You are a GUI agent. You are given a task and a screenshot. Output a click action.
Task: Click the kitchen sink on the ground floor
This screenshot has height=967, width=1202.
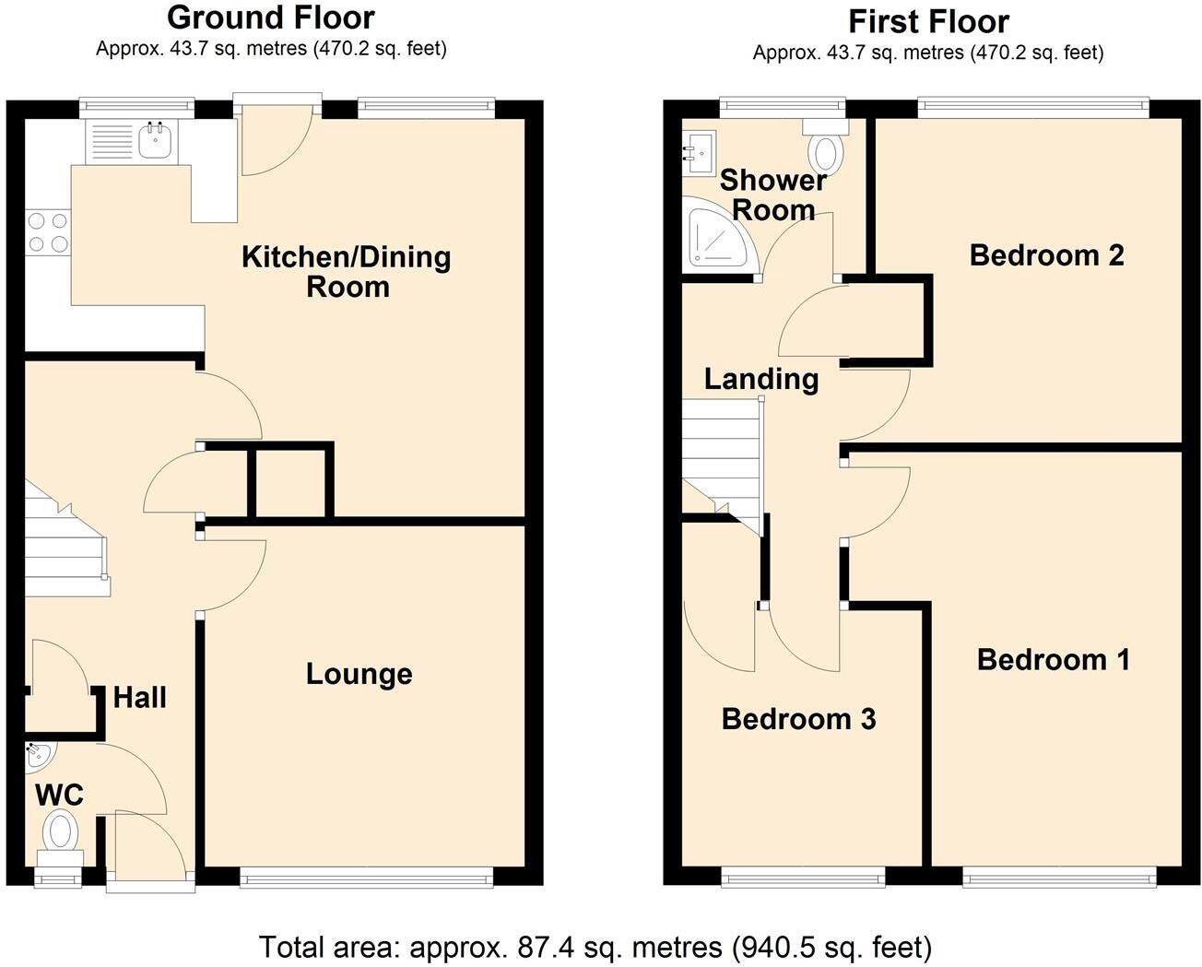click(x=155, y=140)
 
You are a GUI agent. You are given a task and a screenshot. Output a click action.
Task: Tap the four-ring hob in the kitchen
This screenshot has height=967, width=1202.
click(x=48, y=231)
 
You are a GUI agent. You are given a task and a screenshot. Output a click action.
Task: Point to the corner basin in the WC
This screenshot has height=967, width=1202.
click(x=39, y=756)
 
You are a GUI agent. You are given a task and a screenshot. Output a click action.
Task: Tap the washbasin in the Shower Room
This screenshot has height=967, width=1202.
click(x=698, y=147)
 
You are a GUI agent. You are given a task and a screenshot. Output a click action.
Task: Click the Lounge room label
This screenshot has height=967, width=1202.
click(x=359, y=674)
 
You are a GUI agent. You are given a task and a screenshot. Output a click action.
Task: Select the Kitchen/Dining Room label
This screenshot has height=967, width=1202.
click(x=347, y=271)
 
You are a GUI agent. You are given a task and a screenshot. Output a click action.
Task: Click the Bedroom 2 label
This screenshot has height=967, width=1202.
click(x=1046, y=254)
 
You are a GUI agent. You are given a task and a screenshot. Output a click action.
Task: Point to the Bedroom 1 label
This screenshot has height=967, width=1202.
click(x=1053, y=659)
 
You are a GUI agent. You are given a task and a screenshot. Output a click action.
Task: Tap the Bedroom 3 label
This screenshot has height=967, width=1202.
click(x=798, y=719)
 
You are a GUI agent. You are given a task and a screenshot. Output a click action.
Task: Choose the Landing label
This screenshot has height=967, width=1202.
click(x=761, y=379)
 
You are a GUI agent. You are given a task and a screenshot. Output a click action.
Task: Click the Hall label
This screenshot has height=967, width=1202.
click(x=140, y=697)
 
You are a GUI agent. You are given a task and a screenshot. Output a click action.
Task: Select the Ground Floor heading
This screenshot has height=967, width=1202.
click(x=271, y=18)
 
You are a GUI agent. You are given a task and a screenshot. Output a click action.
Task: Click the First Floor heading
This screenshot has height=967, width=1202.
click(x=928, y=20)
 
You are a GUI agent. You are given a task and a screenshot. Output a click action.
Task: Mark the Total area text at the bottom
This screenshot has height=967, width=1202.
click(x=595, y=947)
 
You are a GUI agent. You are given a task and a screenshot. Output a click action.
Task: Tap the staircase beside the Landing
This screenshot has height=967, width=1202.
click(x=721, y=456)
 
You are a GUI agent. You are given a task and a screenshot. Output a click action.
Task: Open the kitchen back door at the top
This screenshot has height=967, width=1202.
click(x=277, y=138)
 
